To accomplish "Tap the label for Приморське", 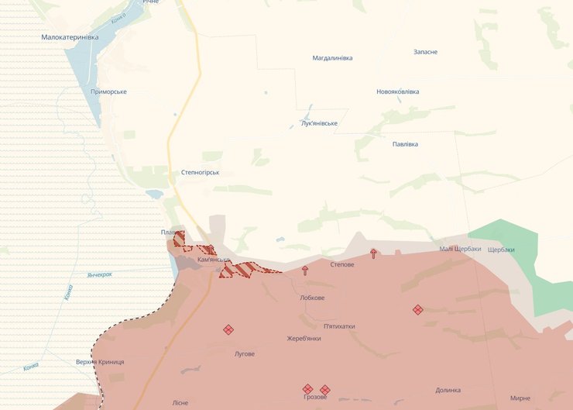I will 108,91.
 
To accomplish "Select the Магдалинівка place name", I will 332,58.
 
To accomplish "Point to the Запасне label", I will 425,52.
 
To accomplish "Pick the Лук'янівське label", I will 319,123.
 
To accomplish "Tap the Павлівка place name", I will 405,144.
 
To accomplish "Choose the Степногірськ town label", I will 199,172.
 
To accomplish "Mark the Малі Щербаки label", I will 460,249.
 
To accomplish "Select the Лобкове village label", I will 312,298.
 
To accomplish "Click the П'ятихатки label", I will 339,326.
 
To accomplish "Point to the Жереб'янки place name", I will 304,339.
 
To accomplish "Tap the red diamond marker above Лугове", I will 228,329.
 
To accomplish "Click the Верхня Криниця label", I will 100,362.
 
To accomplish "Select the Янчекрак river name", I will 100,274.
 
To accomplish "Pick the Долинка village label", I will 448,391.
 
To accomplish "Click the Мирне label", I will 520,398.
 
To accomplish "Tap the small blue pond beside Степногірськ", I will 153,195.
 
